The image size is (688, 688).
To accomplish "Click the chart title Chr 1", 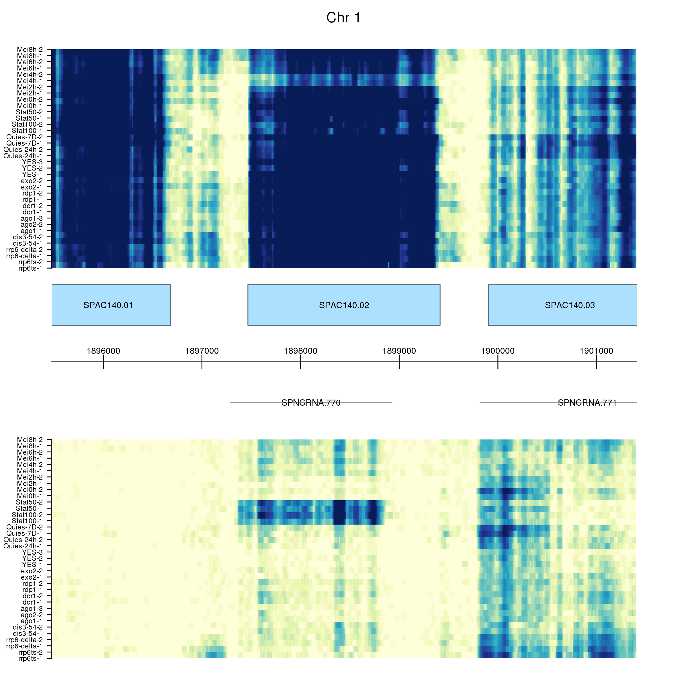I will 344,18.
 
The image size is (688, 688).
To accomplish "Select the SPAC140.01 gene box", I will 108,305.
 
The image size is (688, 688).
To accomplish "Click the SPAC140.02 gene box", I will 344,305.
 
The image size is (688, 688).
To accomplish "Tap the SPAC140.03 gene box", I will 570,305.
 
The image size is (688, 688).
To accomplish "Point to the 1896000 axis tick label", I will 103,351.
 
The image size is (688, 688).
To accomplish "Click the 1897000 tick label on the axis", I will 202,351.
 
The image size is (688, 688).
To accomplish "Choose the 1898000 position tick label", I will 300,351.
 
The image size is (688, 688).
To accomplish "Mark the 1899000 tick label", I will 399,351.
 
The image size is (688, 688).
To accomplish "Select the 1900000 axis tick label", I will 498,351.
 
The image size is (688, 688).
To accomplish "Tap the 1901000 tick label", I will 597,351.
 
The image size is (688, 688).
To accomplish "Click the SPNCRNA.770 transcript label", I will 311,403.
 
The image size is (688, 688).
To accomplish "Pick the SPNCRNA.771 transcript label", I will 587,403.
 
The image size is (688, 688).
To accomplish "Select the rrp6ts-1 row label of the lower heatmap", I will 30,658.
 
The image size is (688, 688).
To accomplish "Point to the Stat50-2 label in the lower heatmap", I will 29,502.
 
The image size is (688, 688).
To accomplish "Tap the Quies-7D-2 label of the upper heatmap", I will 25,137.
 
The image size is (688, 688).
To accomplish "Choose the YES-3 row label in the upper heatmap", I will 32,162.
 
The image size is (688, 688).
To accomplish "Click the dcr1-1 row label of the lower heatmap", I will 32,602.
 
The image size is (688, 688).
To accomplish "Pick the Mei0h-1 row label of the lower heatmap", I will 30,496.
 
